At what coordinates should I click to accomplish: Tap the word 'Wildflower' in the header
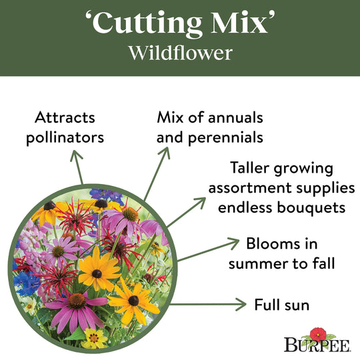coord(180,54)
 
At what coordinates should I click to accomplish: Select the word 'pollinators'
coord(61,138)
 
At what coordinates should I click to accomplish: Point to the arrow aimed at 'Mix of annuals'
coord(155,170)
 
